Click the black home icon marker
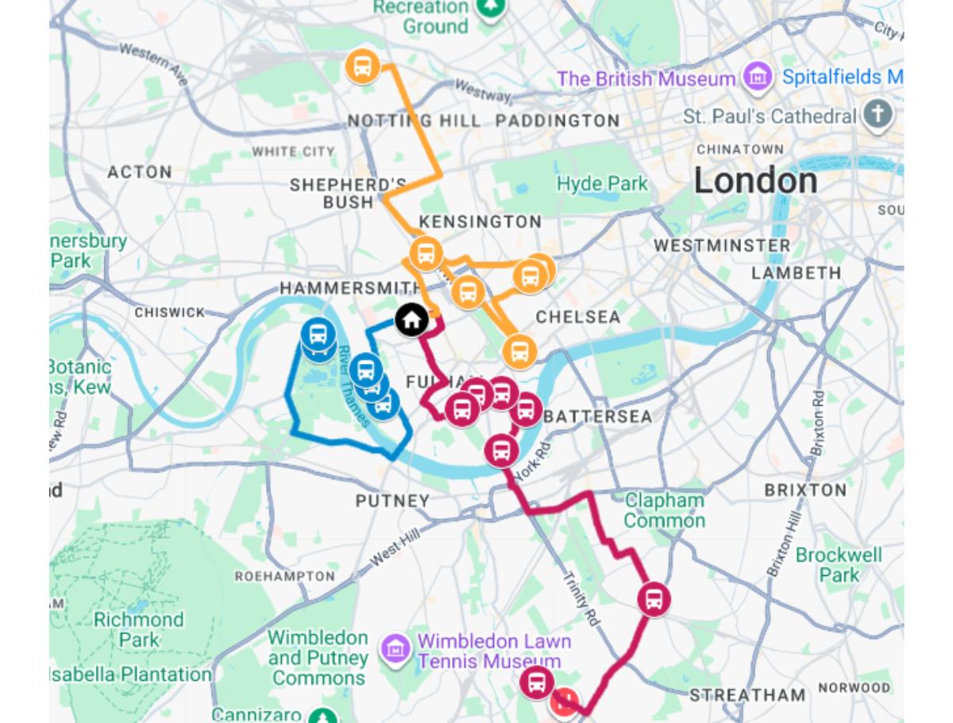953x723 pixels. (411, 320)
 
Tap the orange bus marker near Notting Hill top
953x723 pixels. (362, 66)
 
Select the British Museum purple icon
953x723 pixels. (758, 78)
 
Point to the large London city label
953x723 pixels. (755, 181)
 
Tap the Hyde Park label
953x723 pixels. (602, 184)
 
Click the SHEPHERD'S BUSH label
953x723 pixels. (348, 193)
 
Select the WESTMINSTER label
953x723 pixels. (722, 246)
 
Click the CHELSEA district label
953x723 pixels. (577, 317)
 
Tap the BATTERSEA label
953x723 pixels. (598, 416)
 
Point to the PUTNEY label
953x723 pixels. (392, 501)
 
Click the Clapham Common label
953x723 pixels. (664, 510)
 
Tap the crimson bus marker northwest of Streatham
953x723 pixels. (653, 599)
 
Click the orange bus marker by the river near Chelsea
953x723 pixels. (519, 351)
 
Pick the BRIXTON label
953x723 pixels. (805, 490)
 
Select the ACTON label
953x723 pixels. (139, 172)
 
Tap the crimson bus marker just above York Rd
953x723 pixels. (501, 450)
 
